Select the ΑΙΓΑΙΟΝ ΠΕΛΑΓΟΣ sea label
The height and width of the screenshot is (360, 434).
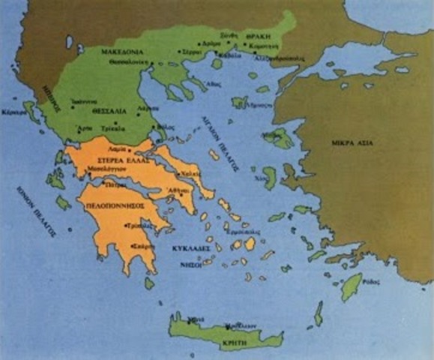(208, 143)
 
